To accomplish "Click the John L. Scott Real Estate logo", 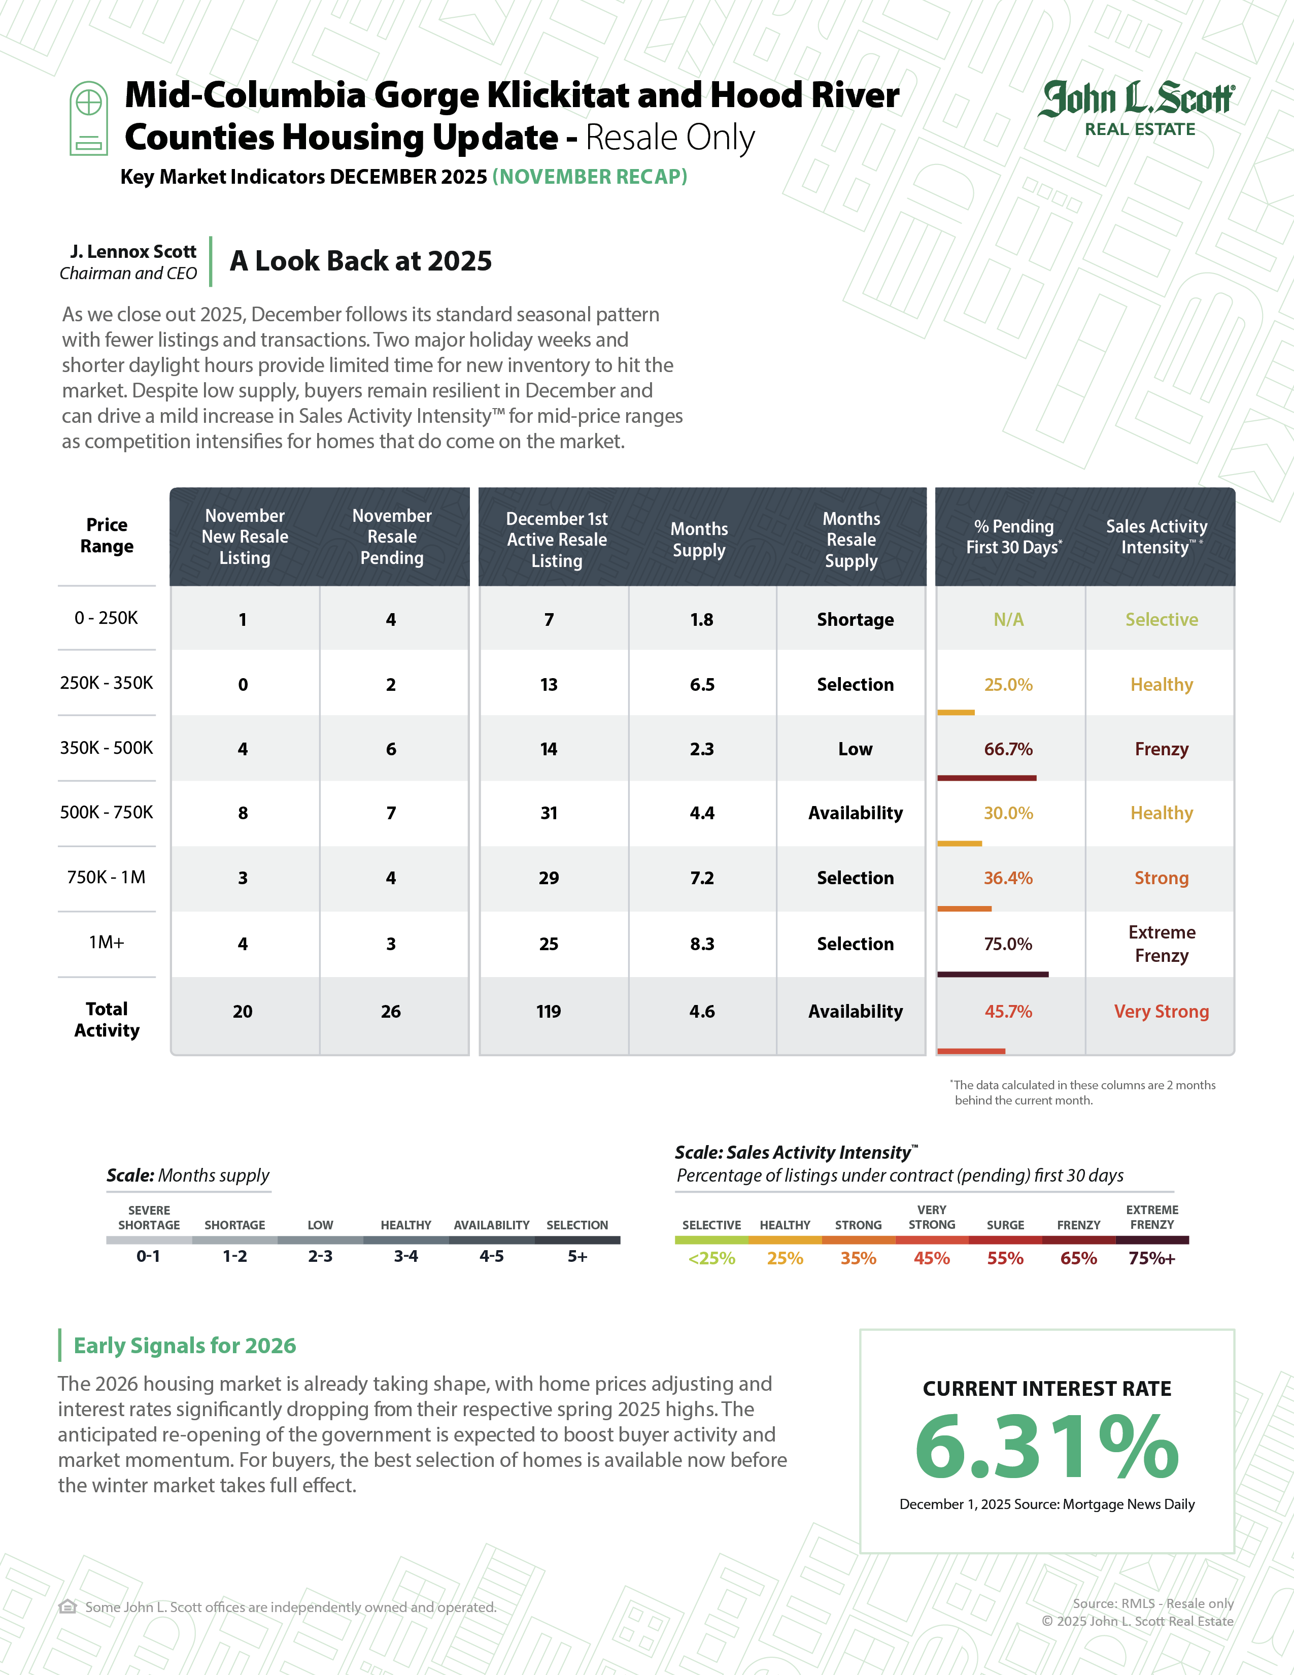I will point(1138,108).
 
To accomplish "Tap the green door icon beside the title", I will point(89,118).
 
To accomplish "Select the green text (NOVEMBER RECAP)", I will point(590,177).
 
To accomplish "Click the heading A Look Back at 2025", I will point(360,261).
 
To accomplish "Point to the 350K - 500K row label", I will point(107,748).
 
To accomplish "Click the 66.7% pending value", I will point(1008,749).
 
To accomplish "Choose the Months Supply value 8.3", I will point(701,944).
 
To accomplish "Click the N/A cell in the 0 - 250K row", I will point(1008,620).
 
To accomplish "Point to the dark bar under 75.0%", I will point(992,974).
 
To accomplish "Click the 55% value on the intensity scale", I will point(1005,1259).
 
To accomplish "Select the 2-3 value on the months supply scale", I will point(320,1256).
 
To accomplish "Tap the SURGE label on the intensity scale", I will point(1005,1225).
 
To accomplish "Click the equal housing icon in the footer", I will point(67,1607).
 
